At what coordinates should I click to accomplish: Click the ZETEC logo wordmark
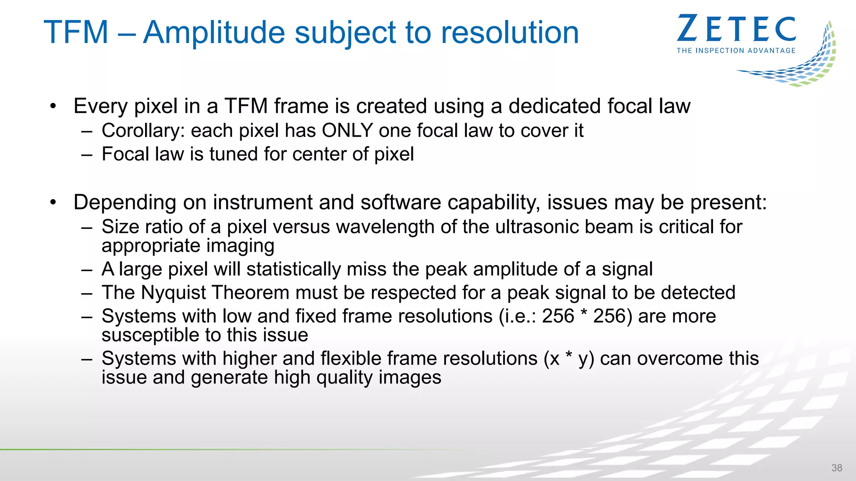coord(736,28)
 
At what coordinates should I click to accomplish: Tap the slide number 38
coord(837,468)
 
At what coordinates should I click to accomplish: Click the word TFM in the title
coord(76,33)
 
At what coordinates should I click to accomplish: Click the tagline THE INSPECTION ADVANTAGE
coord(736,51)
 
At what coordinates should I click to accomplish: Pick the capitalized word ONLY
coord(347,131)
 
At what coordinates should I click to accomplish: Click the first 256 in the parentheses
coord(558,316)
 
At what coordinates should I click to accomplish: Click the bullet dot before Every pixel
coord(53,106)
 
